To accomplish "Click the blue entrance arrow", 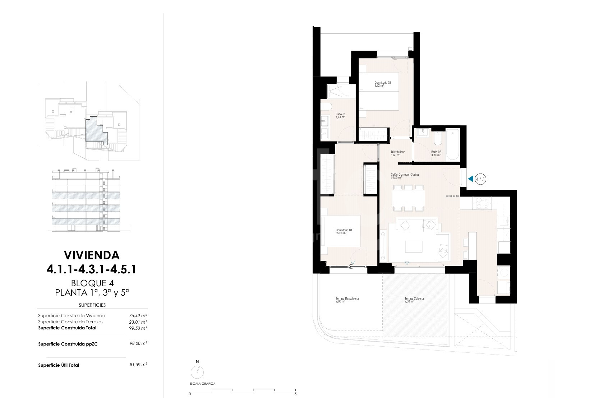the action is pyautogui.click(x=470, y=179).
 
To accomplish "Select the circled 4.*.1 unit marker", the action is pyautogui.click(x=480, y=179).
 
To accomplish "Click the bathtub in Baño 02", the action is pyautogui.click(x=452, y=144).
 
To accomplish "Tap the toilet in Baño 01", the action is pyautogui.click(x=326, y=106).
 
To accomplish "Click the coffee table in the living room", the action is pyautogui.click(x=414, y=246).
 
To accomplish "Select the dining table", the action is pyautogui.click(x=408, y=198).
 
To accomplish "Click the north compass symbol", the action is pyautogui.click(x=197, y=372).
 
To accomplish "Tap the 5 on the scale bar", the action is pyautogui.click(x=296, y=394).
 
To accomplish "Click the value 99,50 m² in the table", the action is pyautogui.click(x=138, y=328).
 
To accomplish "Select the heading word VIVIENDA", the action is pyautogui.click(x=92, y=255).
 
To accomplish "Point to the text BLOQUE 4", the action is pyautogui.click(x=92, y=283).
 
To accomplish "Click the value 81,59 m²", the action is pyautogui.click(x=138, y=365).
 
